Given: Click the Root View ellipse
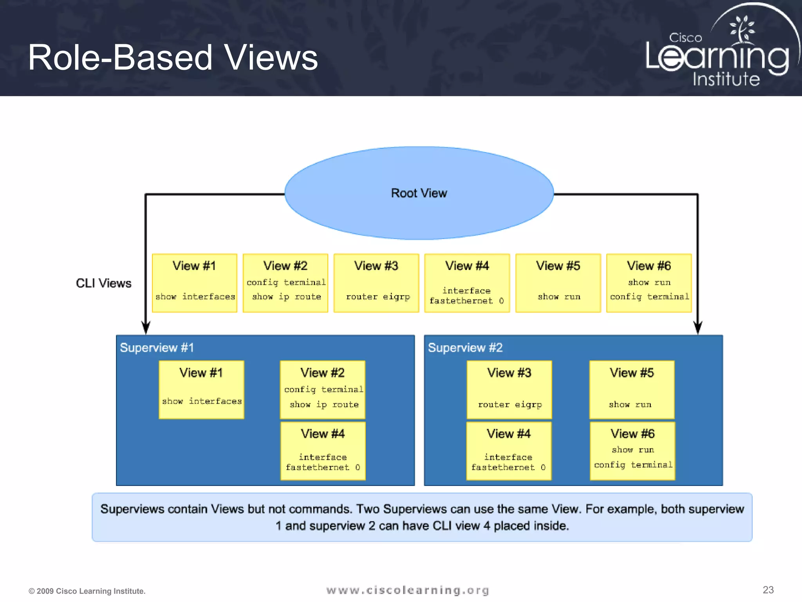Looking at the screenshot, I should tap(419, 193).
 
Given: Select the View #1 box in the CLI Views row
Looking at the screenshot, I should tap(195, 283).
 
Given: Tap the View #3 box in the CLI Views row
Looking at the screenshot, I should tap(376, 283).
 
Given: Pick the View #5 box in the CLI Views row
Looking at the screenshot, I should tap(558, 283).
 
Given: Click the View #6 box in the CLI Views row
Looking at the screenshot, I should tap(649, 283).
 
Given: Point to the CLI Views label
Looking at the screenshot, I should tap(103, 283).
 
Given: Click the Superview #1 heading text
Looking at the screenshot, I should tap(157, 348).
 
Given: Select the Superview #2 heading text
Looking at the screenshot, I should tap(465, 348).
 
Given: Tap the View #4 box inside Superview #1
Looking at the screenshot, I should tap(323, 451).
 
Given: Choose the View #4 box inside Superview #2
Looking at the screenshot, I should tap(509, 451).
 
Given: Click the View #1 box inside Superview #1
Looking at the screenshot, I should tap(201, 390).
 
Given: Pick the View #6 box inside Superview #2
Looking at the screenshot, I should tap(632, 451).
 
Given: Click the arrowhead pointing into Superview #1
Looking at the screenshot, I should tap(146, 328).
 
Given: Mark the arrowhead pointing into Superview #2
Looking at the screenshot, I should tap(698, 328).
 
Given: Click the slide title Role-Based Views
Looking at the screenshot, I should tap(173, 58).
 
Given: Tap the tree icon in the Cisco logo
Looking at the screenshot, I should tap(742, 29).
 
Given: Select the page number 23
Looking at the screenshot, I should tap(768, 590).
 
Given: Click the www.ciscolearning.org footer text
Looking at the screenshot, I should tap(408, 590).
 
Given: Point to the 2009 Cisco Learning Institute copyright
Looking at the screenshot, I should tap(87, 591).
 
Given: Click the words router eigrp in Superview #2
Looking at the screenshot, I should tap(510, 404).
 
